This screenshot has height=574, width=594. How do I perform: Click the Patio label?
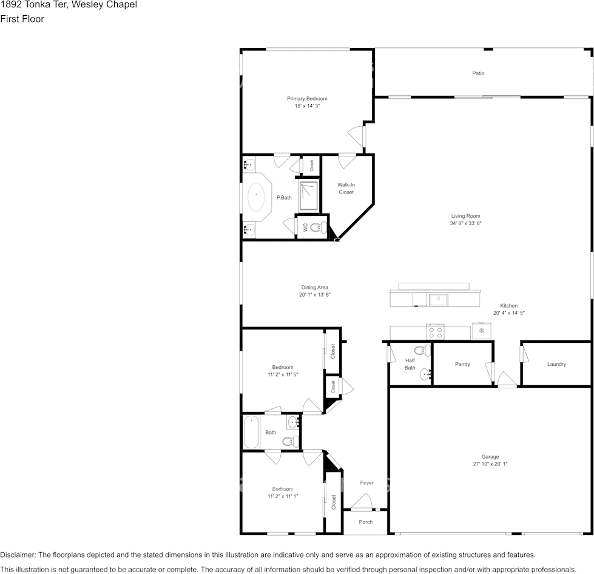[478, 73]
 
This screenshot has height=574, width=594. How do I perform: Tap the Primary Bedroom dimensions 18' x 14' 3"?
[307, 106]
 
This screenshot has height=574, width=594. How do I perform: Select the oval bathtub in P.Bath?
[256, 197]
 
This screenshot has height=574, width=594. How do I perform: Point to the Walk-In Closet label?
[346, 188]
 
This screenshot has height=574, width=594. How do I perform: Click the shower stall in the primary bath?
[308, 196]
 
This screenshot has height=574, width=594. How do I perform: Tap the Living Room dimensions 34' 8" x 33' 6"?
[465, 223]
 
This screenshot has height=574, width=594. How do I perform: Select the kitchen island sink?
[438, 300]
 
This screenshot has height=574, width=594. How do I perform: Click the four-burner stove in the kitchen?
[435, 333]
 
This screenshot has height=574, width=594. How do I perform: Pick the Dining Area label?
[315, 288]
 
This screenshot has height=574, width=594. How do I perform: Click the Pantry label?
[462, 364]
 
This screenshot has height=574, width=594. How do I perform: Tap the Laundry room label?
[556, 364]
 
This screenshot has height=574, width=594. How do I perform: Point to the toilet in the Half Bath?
[422, 350]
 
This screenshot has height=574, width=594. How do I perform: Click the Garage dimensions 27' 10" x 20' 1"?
[490, 464]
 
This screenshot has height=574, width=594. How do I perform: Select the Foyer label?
[366, 483]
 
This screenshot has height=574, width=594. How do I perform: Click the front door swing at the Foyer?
[363, 501]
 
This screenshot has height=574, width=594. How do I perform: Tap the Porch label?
[366, 522]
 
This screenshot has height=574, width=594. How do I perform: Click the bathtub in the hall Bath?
[251, 432]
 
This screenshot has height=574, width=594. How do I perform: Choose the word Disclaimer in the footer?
[18, 555]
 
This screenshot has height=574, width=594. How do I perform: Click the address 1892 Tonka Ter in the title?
[33, 5]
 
